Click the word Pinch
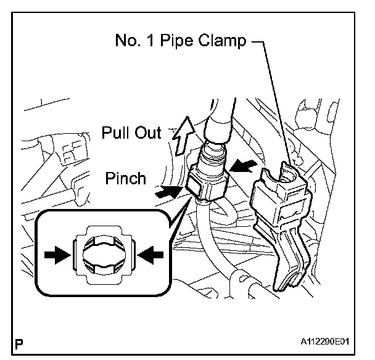click(x=125, y=179)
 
